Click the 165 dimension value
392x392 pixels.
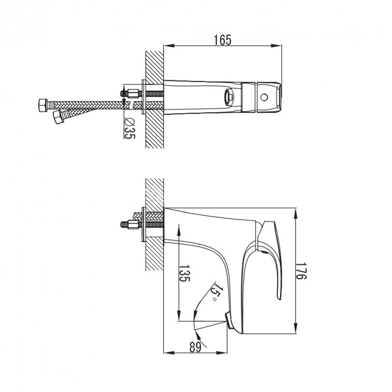point(222,40)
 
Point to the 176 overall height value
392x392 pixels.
point(301,270)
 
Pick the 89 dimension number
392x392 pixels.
point(195,347)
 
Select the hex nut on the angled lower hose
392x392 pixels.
point(58,116)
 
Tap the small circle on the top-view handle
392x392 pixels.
point(264,97)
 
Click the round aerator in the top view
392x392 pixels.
point(229,97)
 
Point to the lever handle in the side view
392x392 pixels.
point(272,255)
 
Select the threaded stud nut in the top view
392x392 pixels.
point(133,94)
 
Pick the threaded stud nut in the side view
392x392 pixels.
point(133,225)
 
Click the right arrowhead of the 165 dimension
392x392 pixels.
point(279,46)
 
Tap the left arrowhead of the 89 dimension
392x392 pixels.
point(167,352)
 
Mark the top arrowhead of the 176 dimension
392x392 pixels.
point(295,211)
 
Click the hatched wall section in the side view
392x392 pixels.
point(154,255)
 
